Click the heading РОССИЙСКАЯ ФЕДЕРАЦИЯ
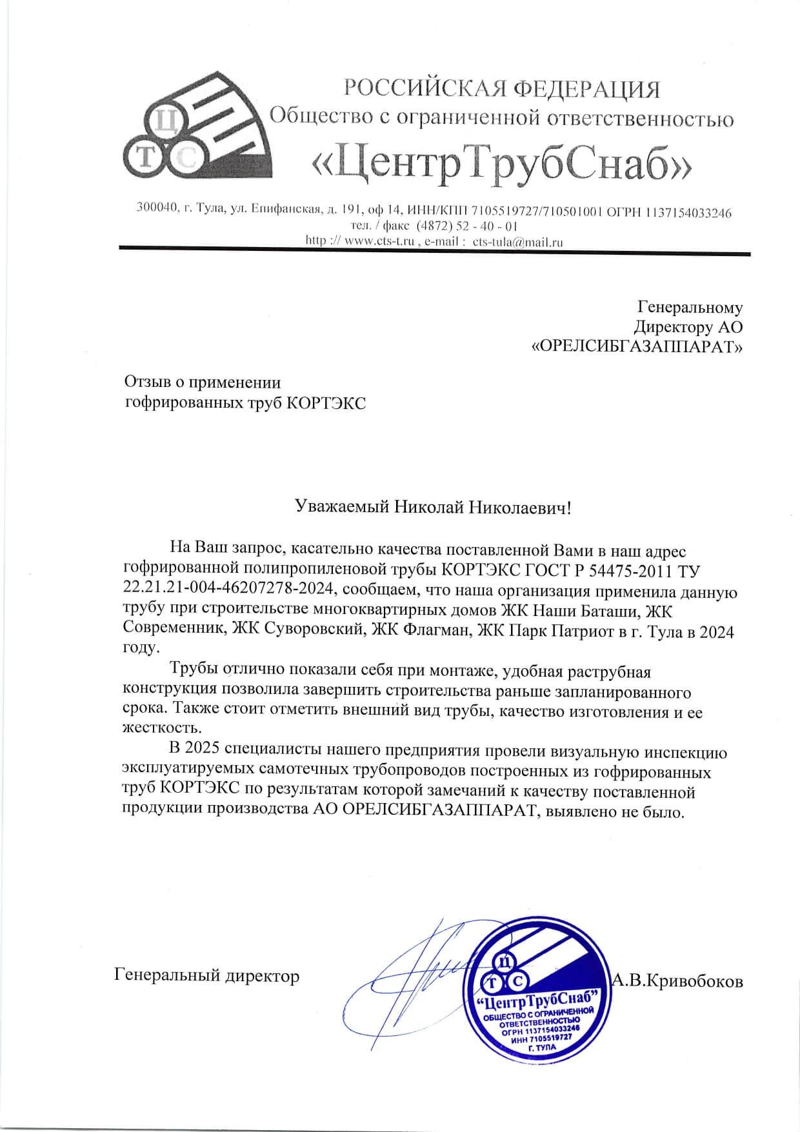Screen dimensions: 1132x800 [503, 89]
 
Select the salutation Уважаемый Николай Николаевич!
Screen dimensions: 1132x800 [432, 507]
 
